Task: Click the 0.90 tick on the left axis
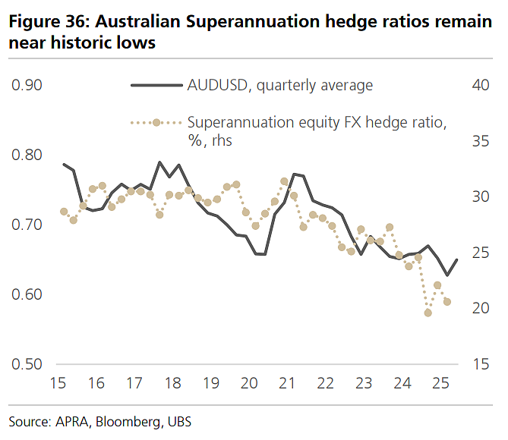[27, 85]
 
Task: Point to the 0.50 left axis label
[27, 364]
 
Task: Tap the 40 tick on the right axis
[481, 85]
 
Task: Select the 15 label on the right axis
[481, 364]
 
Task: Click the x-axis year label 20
[249, 383]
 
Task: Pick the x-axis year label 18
[172, 383]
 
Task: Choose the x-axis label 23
[364, 383]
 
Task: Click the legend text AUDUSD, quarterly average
[280, 86]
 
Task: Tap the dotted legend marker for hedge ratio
[156, 123]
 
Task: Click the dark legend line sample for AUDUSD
[157, 86]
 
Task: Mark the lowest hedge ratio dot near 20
[428, 313]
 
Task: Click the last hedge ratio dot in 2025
[447, 302]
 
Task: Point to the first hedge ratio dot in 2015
[64, 212]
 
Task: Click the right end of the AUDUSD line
[457, 259]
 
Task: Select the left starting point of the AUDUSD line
[64, 165]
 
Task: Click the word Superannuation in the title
[253, 22]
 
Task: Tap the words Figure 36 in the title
[49, 22]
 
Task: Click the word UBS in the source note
[179, 423]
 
